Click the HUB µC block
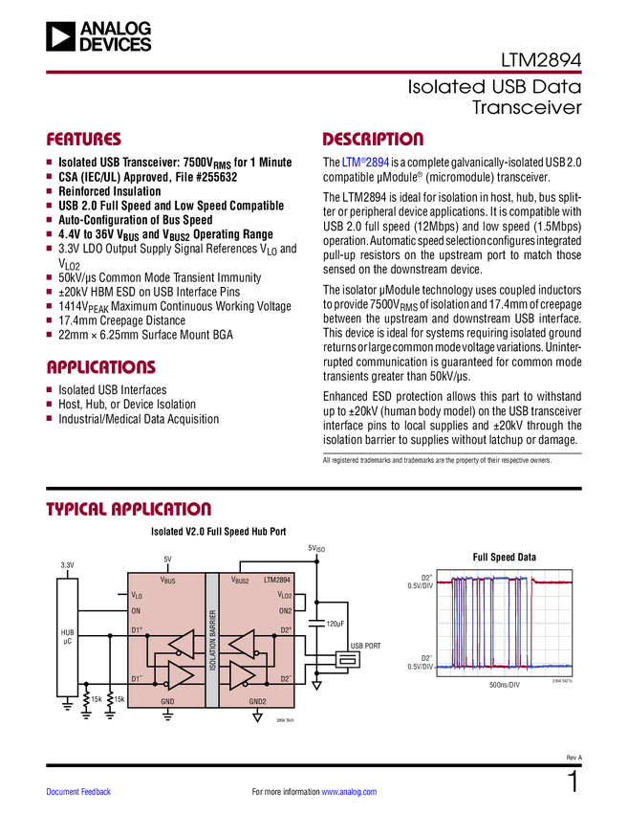pyautogui.click(x=67, y=636)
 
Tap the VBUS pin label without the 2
pyautogui.click(x=167, y=581)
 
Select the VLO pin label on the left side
pyautogui.click(x=136, y=595)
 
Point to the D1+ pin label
pyautogui.click(x=137, y=630)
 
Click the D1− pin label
pyautogui.click(x=137, y=679)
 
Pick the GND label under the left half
pyautogui.click(x=167, y=700)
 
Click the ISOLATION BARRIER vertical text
pyautogui.click(x=212, y=639)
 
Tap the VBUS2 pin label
pyautogui.click(x=240, y=581)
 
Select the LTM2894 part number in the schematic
pyautogui.click(x=277, y=580)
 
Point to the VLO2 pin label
pyautogui.click(x=284, y=595)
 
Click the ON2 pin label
pyautogui.click(x=285, y=610)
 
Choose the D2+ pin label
pyautogui.click(x=285, y=630)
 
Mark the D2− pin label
pyautogui.click(x=285, y=679)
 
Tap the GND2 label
pyautogui.click(x=258, y=700)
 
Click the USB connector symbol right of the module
pyautogui.click(x=347, y=660)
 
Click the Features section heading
pyautogui.click(x=84, y=140)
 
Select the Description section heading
pyautogui.click(x=373, y=140)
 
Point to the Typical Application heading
pyautogui.click(x=128, y=509)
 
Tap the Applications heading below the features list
pyautogui.click(x=101, y=367)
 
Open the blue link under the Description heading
pyautogui.click(x=365, y=164)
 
